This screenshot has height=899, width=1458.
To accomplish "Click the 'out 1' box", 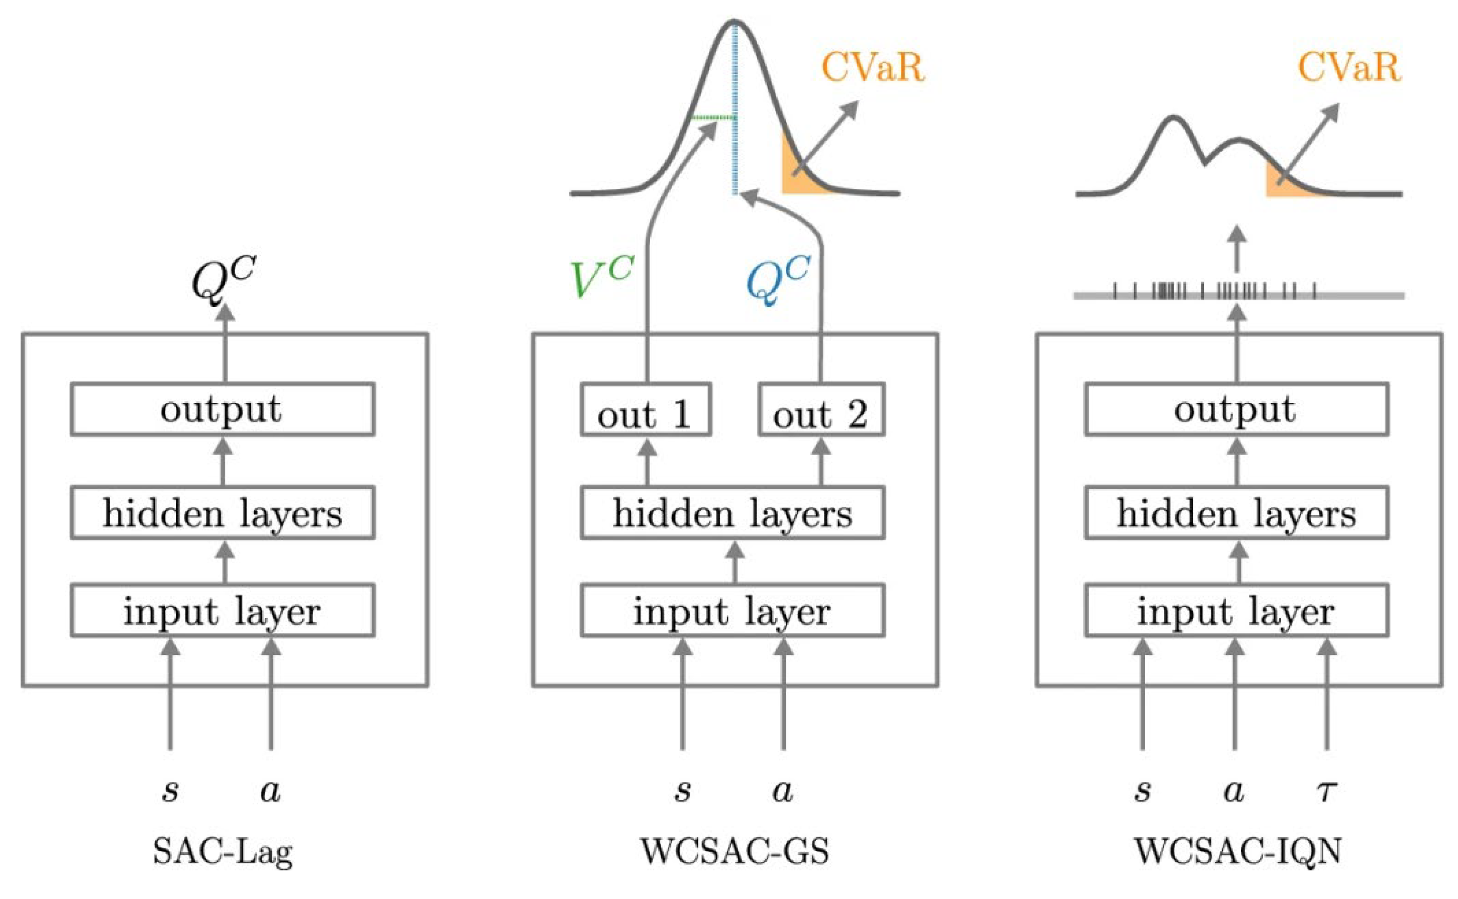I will click(645, 410).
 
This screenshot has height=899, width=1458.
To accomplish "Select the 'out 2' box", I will click(820, 410).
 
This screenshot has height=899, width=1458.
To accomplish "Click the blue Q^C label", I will click(777, 279).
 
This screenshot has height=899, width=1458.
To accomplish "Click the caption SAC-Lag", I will click(223, 851).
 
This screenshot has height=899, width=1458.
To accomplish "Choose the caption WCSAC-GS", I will click(735, 851).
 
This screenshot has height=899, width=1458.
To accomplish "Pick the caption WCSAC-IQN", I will click(1238, 851).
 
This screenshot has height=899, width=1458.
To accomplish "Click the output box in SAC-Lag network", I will click(223, 409).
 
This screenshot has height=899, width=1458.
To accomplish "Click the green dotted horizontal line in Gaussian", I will click(713, 118).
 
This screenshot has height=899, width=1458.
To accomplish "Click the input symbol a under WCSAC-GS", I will click(783, 791).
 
